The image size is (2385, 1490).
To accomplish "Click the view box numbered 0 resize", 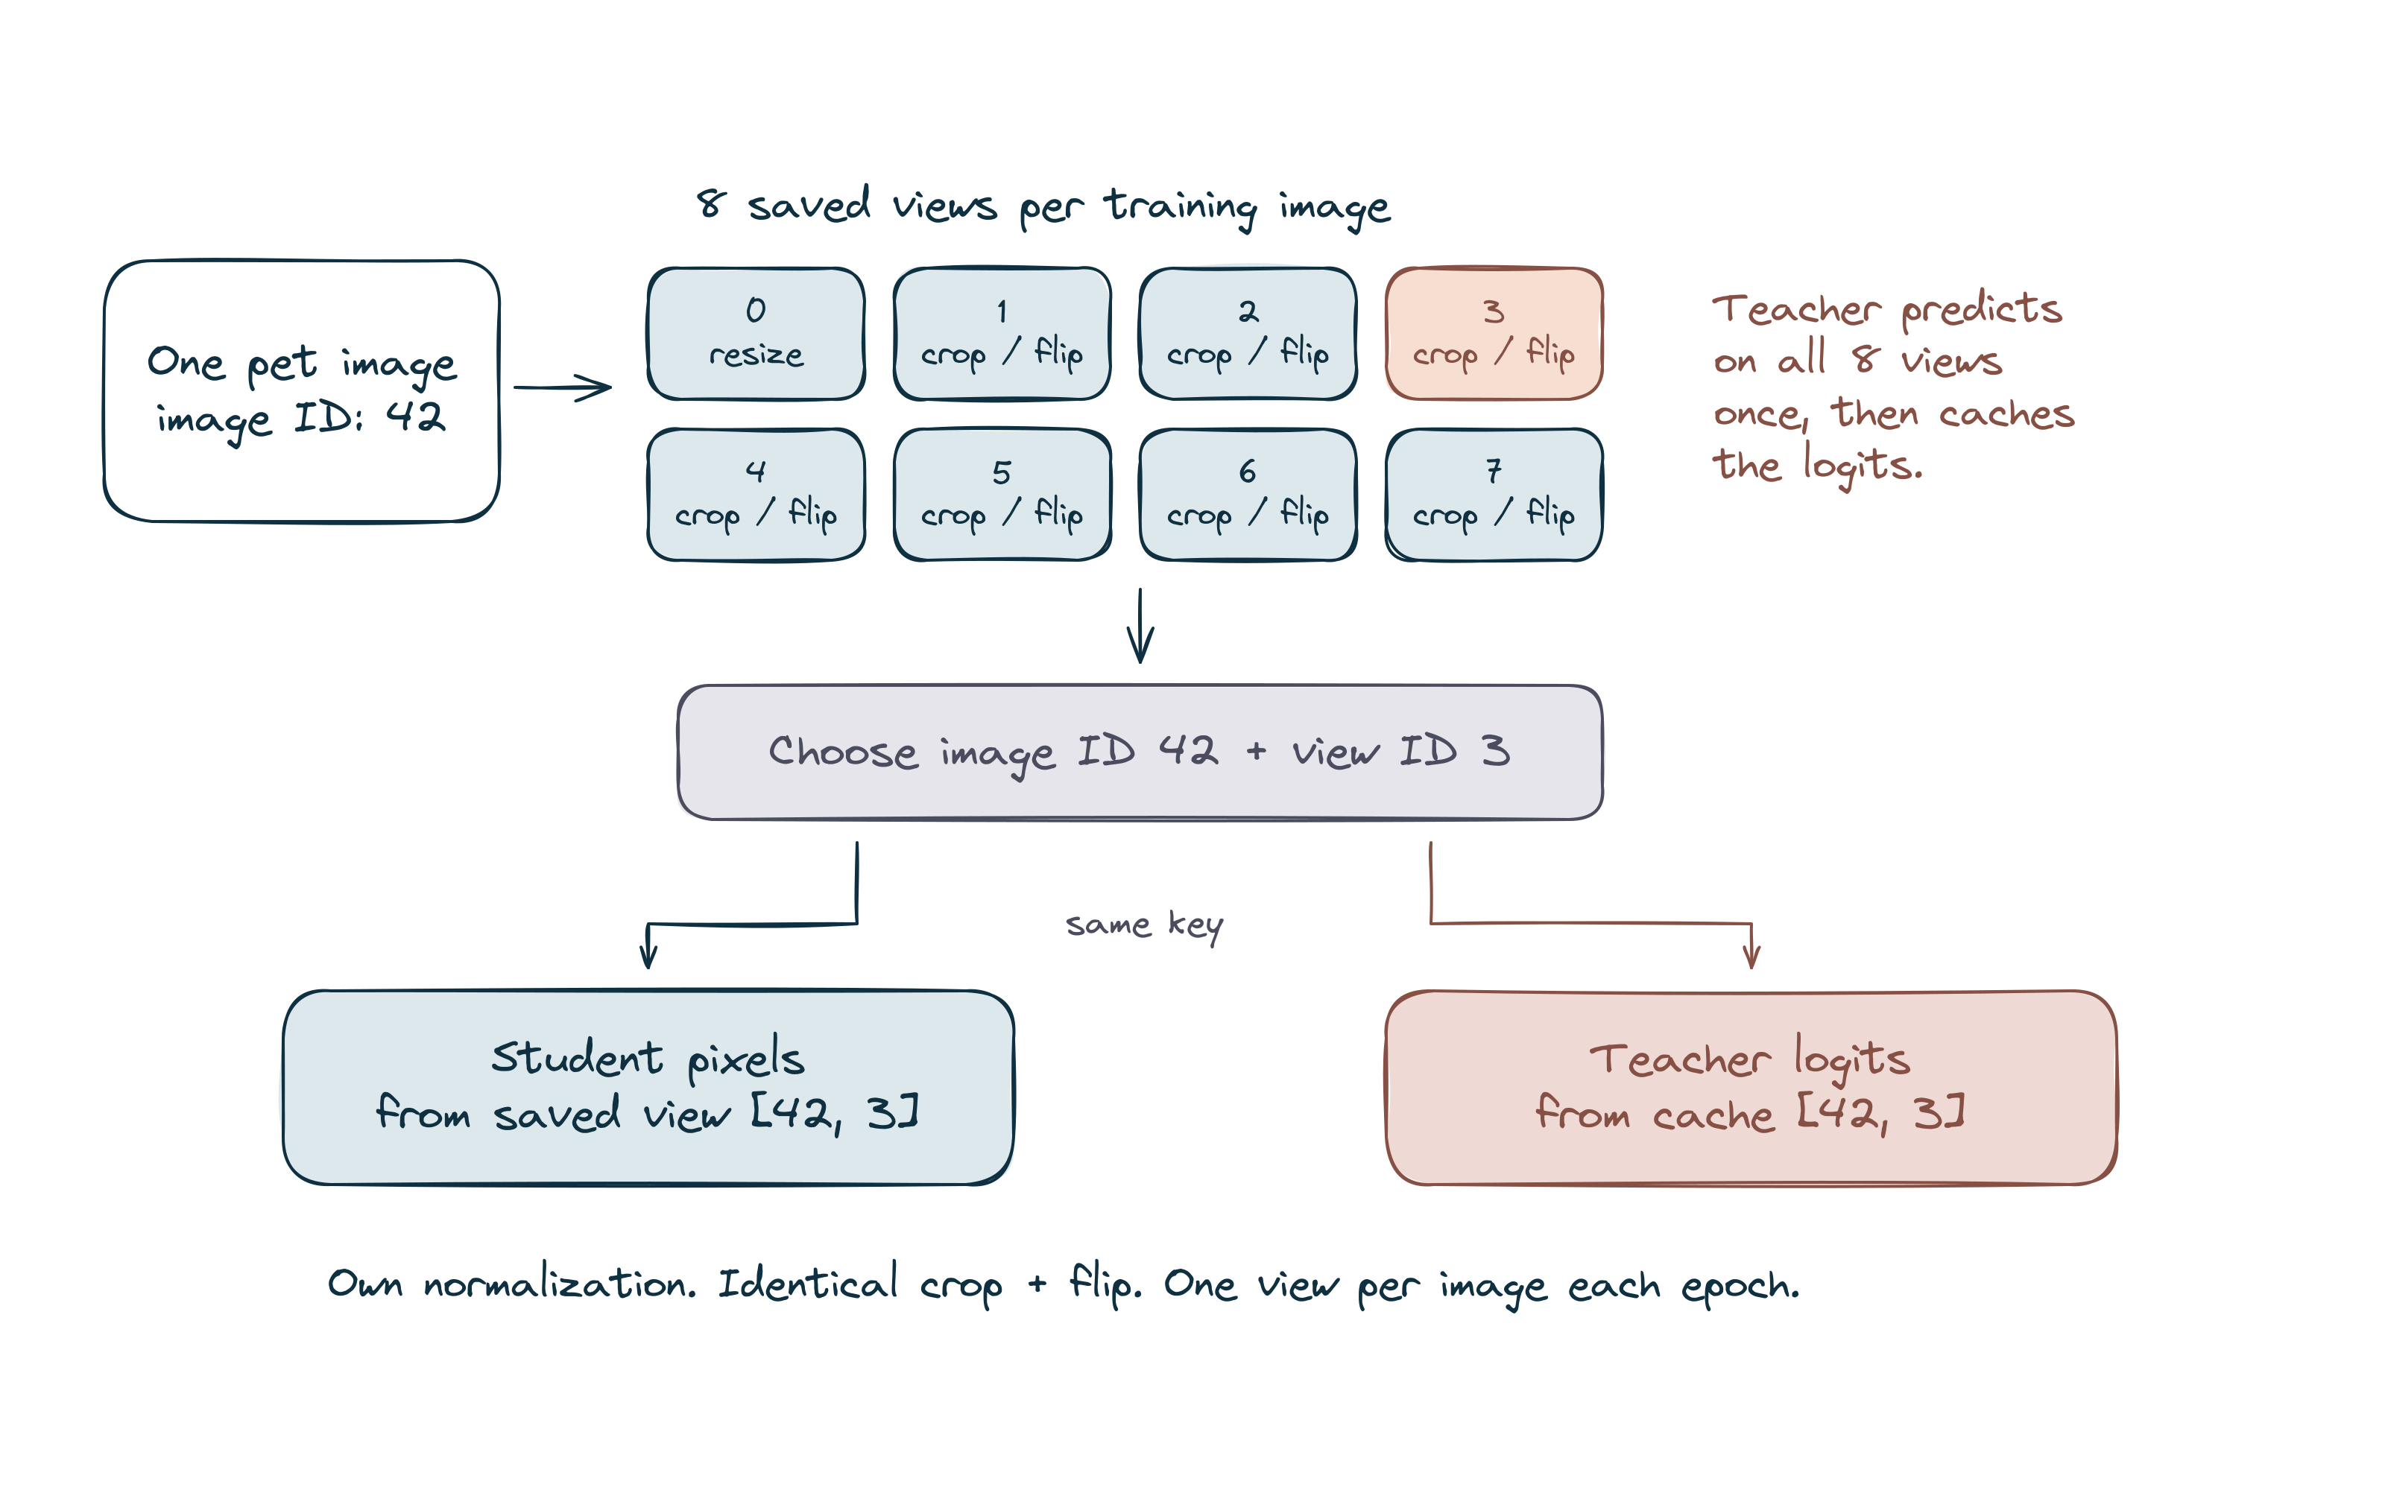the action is tap(756, 333).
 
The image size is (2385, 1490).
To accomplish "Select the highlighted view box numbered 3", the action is tap(1494, 333).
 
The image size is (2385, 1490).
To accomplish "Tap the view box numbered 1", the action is tap(1002, 333).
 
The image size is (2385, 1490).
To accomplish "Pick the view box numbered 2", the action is tap(1248, 333).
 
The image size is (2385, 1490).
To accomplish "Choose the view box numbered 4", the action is tap(756, 495).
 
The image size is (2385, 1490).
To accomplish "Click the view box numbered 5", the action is tap(1002, 495).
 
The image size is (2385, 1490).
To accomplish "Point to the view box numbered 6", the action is tap(1248, 495).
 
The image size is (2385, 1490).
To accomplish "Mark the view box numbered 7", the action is tap(1494, 495).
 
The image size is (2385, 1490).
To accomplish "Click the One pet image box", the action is tap(302, 391).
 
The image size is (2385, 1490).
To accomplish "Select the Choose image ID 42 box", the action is tap(1140, 752).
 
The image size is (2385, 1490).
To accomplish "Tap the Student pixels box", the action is tap(648, 1087).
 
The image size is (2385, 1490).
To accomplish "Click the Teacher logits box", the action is tap(1751, 1087).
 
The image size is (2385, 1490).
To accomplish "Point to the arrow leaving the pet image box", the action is tap(562, 387).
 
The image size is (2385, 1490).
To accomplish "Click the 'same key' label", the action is tap(1144, 925).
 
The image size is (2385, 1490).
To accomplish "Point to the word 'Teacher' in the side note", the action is tap(1795, 309).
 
